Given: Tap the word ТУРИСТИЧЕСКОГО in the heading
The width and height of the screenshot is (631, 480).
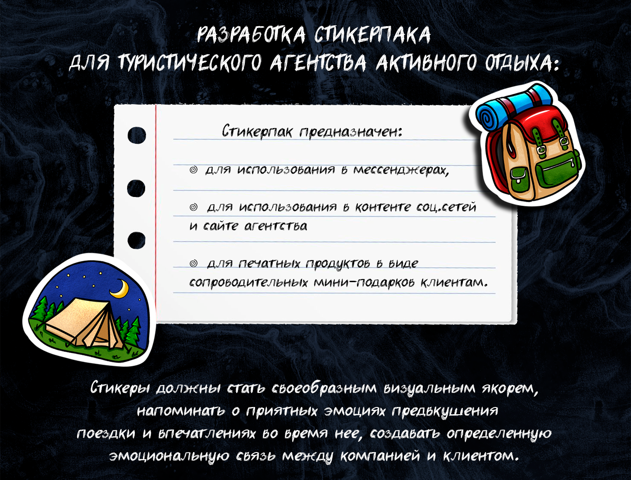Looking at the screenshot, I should pyautogui.click(x=190, y=63).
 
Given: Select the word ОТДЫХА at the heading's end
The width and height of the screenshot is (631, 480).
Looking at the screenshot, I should pyautogui.click(x=518, y=63).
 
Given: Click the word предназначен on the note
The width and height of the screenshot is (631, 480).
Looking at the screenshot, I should pyautogui.click(x=350, y=132).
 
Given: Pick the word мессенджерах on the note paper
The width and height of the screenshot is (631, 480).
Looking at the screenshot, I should pyautogui.click(x=401, y=170).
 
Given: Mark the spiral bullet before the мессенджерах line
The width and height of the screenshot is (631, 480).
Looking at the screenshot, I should pyautogui.click(x=193, y=170).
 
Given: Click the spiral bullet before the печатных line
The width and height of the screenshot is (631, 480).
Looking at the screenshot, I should pyautogui.click(x=193, y=263).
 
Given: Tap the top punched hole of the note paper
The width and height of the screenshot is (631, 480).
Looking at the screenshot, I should pyautogui.click(x=137, y=135).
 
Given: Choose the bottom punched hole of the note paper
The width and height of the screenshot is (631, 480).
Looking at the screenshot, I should pyautogui.click(x=137, y=240).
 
